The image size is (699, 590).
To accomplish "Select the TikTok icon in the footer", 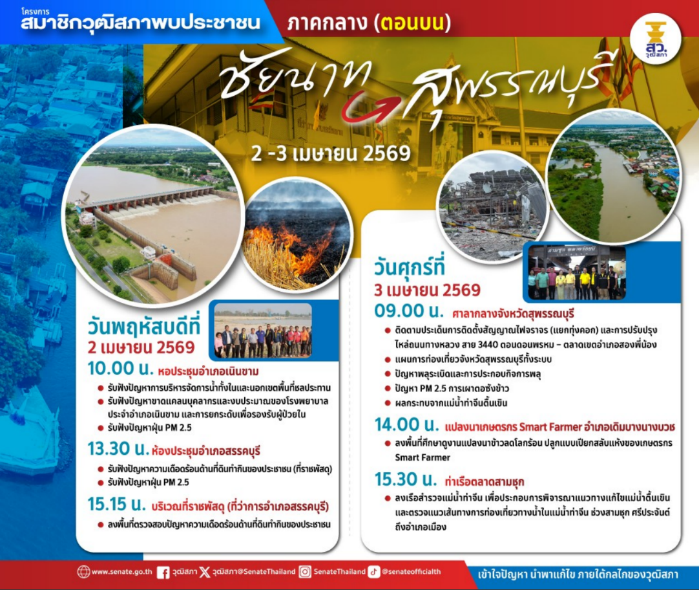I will point(374,572).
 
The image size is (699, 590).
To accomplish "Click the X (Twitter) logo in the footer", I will point(205,572).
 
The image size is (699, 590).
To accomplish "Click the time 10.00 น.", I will point(120,371).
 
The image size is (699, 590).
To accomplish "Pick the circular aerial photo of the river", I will point(613,177).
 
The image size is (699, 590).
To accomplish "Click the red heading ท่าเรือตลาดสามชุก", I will point(484,482).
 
